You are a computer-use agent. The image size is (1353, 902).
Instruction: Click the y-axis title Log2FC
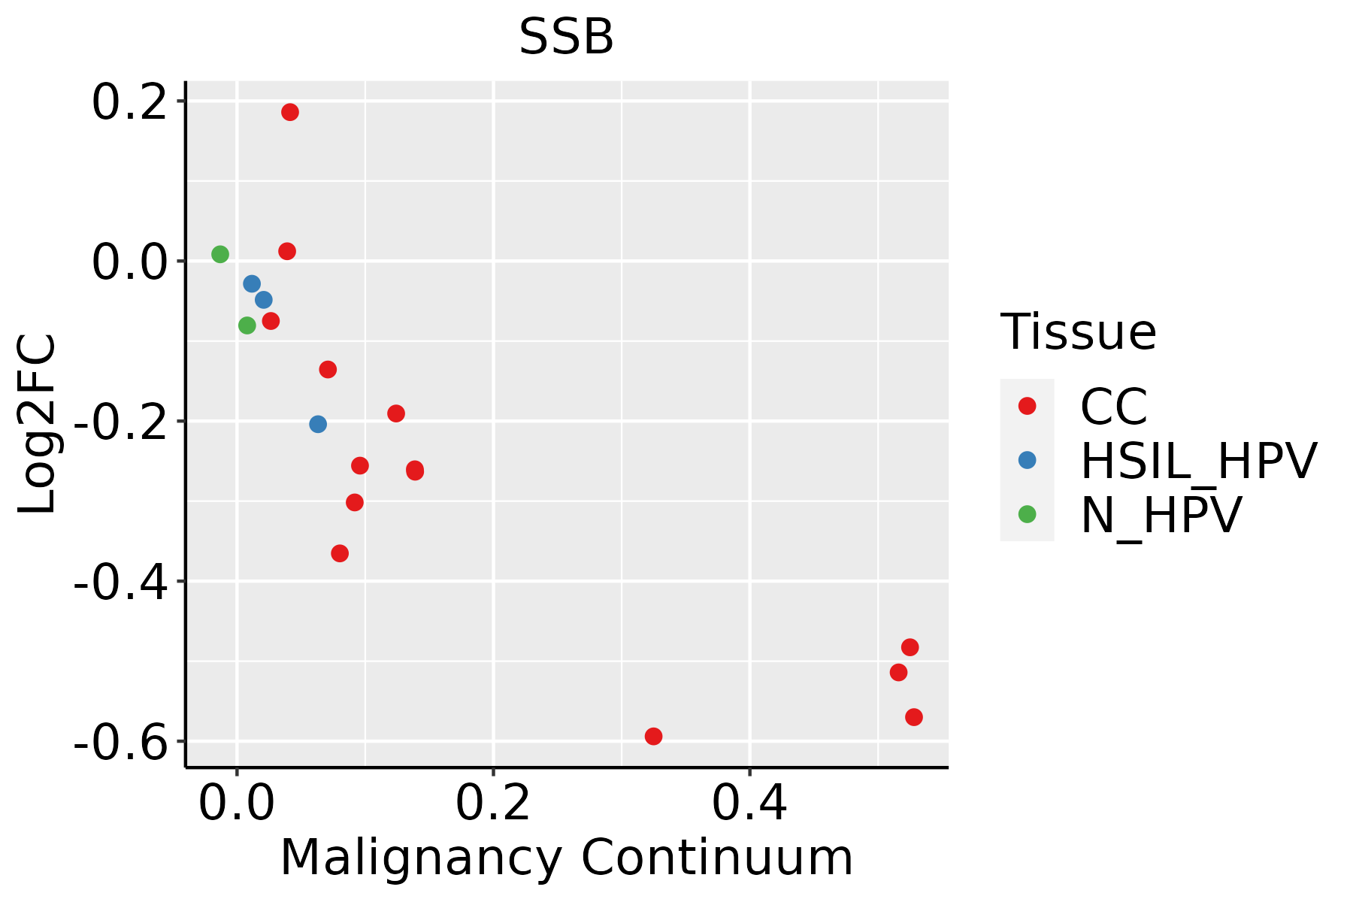click(38, 425)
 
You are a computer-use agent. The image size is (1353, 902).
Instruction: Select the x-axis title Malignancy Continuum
click(566, 858)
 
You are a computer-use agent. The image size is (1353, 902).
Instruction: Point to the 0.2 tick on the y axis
click(129, 102)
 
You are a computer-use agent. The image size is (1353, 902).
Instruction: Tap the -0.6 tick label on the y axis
click(120, 743)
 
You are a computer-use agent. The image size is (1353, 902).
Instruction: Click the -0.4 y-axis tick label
click(120, 583)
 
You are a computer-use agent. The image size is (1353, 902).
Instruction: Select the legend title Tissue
click(1078, 331)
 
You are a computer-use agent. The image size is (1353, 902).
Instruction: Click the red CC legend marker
click(1027, 406)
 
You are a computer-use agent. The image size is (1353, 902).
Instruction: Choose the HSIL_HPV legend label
click(1198, 461)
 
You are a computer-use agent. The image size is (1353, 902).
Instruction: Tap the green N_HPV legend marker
click(1027, 514)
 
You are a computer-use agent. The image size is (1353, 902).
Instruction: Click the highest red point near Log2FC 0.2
click(290, 112)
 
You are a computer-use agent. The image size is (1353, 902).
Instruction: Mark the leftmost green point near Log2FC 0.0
click(220, 254)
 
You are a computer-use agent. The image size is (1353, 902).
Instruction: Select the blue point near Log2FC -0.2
click(318, 424)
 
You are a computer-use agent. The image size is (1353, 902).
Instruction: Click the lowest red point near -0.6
click(653, 736)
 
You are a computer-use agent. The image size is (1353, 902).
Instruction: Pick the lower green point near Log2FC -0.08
click(247, 325)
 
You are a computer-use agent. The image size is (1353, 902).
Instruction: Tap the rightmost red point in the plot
click(914, 717)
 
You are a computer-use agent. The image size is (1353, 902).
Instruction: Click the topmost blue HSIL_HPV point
click(252, 283)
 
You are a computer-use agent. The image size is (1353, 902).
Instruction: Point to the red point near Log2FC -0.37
click(340, 553)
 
